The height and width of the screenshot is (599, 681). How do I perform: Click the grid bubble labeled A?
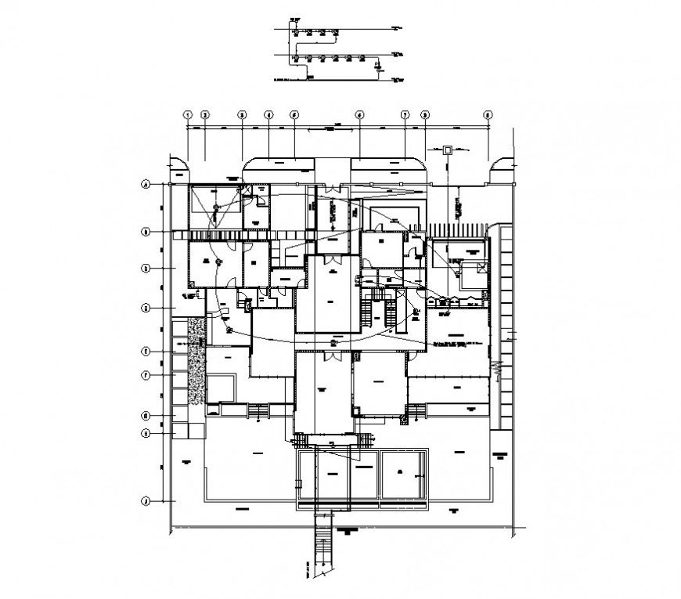point(146,186)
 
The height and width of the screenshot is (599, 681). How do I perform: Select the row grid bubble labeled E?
point(146,352)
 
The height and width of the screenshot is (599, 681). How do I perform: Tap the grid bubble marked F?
point(146,375)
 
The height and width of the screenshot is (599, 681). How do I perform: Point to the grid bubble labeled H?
point(146,433)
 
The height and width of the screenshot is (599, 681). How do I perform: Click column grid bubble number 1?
point(188,114)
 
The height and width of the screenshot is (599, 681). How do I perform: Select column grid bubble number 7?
point(405,114)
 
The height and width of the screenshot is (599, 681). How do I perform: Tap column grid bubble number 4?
point(268,114)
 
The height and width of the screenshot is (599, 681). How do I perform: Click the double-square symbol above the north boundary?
point(448,150)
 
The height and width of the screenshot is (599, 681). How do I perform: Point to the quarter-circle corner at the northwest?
point(179,166)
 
